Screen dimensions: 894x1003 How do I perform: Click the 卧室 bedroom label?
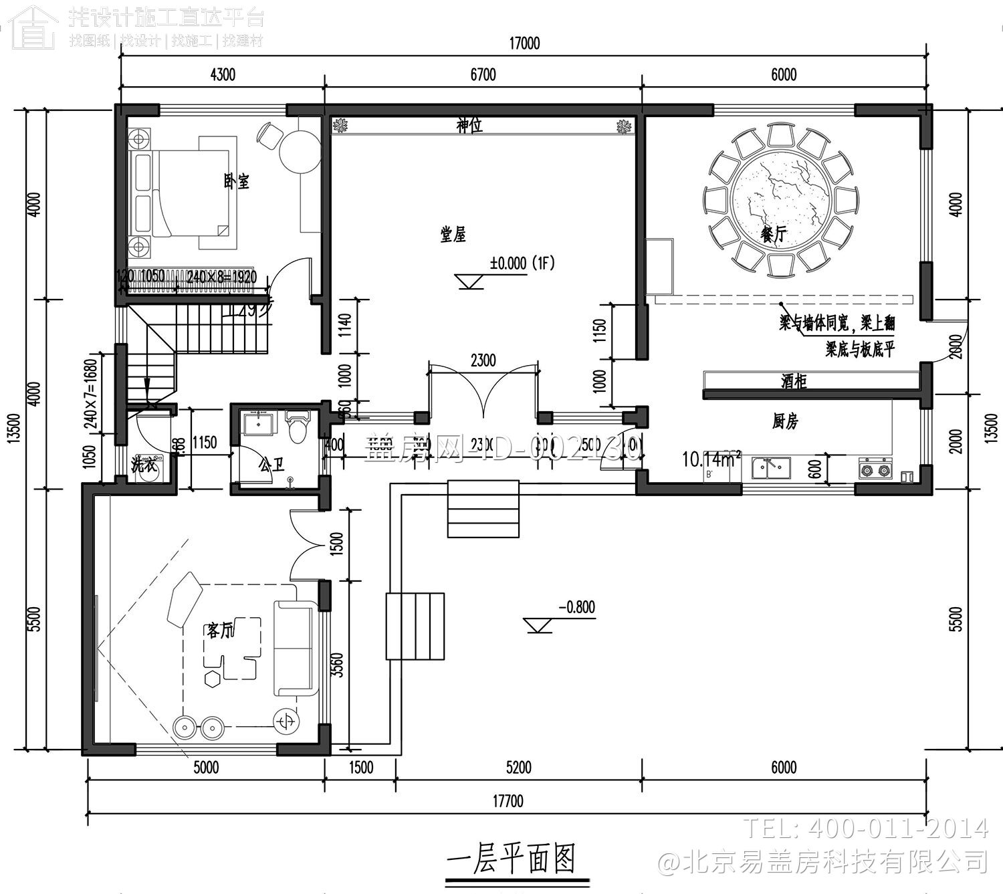tap(237, 181)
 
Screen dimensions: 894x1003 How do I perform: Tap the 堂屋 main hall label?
tap(453, 234)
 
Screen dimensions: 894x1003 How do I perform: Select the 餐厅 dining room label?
tap(774, 235)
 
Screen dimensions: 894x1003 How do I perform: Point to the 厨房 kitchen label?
tap(785, 421)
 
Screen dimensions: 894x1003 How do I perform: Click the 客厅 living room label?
tap(220, 630)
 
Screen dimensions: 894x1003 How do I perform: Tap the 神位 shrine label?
tap(469, 125)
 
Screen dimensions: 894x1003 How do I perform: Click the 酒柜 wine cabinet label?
tap(794, 381)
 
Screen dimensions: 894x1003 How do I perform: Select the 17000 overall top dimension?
tap(524, 44)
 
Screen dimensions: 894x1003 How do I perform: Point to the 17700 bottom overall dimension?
tap(508, 800)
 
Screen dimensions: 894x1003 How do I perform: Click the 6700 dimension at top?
tap(483, 74)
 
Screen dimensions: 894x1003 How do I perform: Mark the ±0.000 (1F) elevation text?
tap(522, 263)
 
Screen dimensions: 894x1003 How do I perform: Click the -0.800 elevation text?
tap(576, 607)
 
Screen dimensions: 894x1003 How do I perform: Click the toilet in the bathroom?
tap(297, 427)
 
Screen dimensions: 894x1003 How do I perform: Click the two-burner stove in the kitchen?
tap(875, 469)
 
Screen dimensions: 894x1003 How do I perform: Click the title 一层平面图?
tap(511, 858)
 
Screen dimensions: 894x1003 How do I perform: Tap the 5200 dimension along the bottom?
tap(518, 767)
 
